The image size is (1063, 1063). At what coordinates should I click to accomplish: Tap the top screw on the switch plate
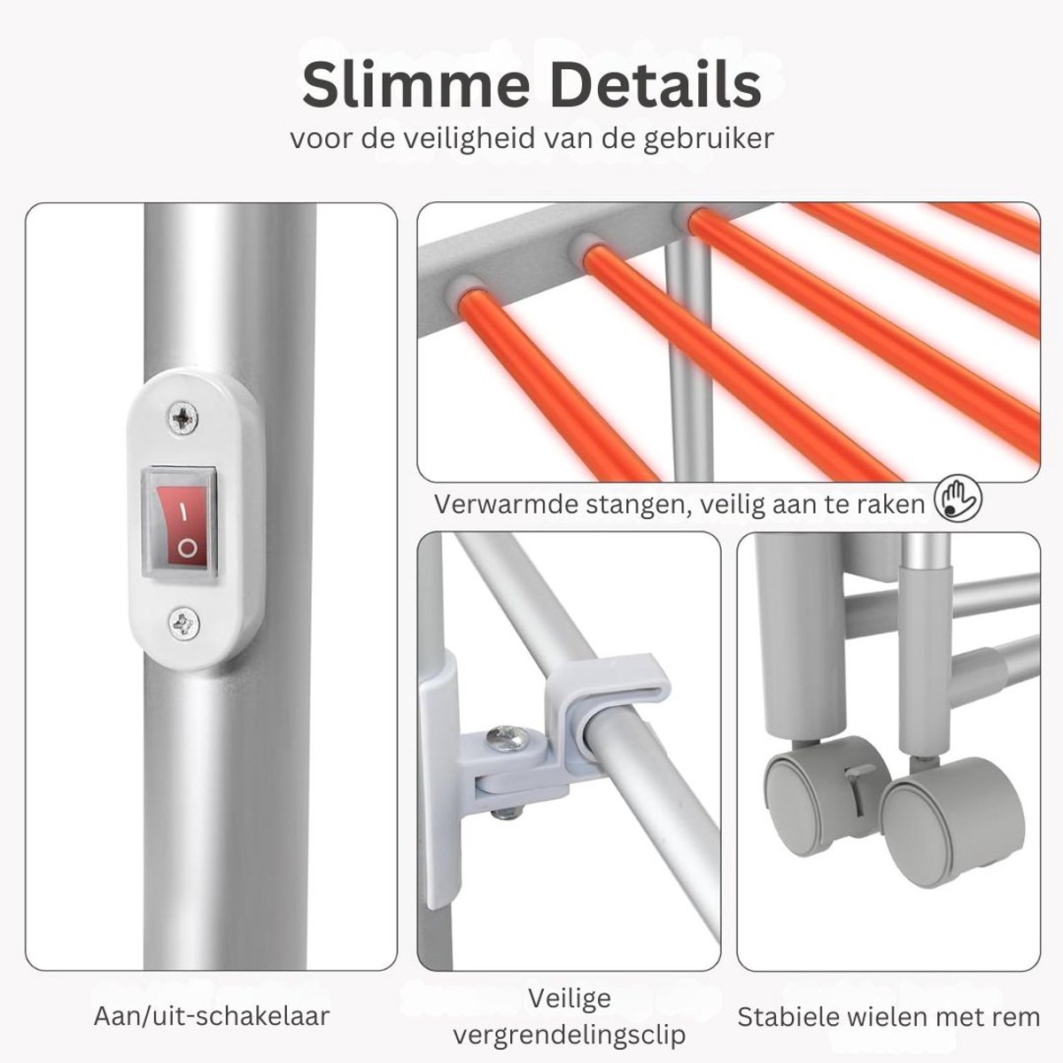coord(183,417)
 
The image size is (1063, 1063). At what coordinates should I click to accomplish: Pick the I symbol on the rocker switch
coord(181,514)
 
